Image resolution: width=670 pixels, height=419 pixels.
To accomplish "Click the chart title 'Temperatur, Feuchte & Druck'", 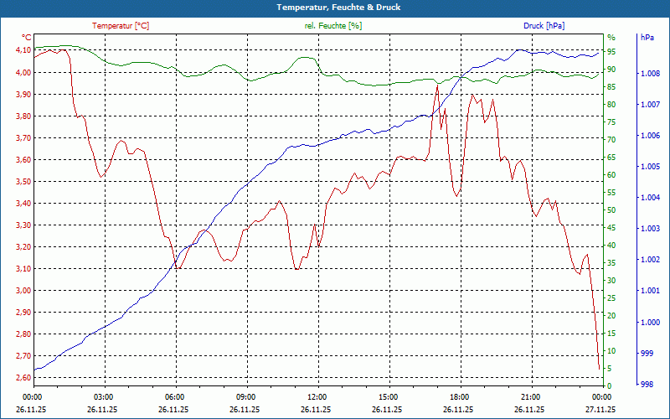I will click(x=335, y=8).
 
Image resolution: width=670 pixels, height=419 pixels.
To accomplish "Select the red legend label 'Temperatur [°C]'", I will click(x=121, y=26).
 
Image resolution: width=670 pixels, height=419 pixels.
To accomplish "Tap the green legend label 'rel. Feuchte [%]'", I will click(x=333, y=26).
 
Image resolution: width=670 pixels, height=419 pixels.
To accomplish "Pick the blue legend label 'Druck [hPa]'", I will click(x=544, y=26).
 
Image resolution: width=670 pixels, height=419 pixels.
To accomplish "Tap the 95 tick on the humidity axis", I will click(x=611, y=51).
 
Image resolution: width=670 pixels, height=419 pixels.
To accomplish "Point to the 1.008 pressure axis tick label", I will click(x=649, y=74).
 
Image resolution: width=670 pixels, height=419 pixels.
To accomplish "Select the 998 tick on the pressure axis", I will click(x=647, y=385).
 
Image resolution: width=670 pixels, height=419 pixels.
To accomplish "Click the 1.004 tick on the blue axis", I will click(x=649, y=198).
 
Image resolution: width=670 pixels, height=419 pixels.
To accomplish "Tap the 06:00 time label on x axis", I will click(x=175, y=396).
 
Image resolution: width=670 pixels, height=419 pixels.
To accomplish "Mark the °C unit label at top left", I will click(x=27, y=38).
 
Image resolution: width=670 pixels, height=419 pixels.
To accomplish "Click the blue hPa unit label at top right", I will click(x=647, y=38).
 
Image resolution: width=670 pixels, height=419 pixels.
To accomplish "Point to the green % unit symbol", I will click(x=611, y=38).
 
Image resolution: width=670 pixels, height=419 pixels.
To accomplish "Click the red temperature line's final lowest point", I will click(x=599, y=369).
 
